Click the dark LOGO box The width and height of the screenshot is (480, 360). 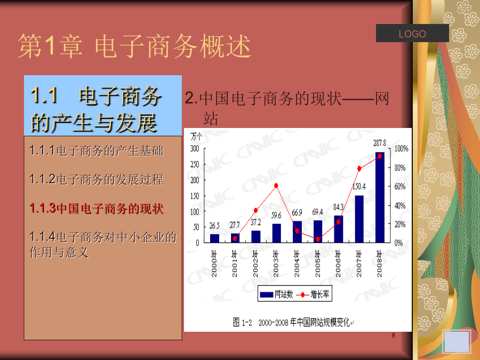[412, 33]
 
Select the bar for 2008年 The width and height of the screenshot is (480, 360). [380, 197]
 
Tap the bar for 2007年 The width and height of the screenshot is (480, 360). [359, 219]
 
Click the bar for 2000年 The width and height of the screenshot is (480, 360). [214, 238]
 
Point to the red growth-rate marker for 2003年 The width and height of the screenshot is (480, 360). [276, 186]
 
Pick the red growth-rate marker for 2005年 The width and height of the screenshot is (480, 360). [318, 239]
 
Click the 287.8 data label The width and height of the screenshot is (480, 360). [380, 143]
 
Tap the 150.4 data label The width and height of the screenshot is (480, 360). [359, 187]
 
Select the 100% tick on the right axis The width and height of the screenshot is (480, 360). [401, 149]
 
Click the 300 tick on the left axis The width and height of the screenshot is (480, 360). [195, 149]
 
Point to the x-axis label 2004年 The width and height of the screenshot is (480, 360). [297, 263]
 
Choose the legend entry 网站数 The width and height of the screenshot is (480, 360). [276, 294]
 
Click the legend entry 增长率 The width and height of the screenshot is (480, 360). [313, 294]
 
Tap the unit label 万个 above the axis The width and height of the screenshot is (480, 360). [196, 136]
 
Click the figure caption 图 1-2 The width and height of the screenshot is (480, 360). [242, 322]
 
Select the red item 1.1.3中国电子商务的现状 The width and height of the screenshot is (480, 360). [97, 209]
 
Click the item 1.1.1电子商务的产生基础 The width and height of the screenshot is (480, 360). [97, 151]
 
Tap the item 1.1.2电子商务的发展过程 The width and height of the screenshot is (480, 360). [97, 179]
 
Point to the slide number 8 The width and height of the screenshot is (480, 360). [394, 335]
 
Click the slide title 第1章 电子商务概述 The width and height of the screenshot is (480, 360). [134, 46]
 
